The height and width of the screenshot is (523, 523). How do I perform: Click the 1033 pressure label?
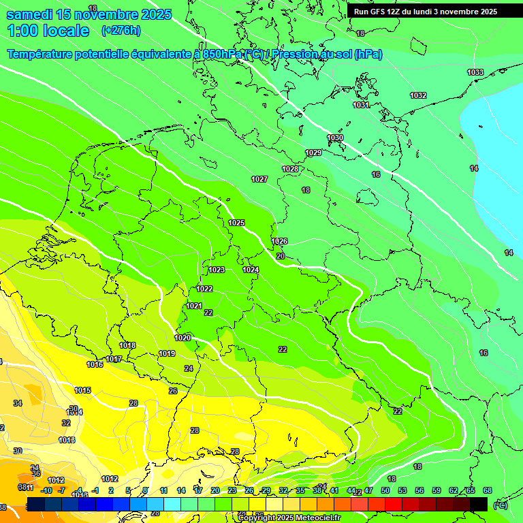(x=475, y=72)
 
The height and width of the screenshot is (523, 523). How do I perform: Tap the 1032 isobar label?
(x=418, y=95)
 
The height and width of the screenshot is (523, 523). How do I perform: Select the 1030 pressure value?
(x=335, y=138)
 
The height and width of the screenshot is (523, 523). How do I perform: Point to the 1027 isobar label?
(x=259, y=179)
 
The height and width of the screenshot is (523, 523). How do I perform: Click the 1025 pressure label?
(x=236, y=223)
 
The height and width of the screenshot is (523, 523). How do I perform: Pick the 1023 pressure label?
(x=217, y=270)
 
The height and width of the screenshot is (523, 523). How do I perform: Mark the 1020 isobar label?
(x=183, y=338)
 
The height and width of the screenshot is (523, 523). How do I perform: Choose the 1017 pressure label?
(x=114, y=359)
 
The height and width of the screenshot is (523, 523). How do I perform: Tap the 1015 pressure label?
(x=83, y=390)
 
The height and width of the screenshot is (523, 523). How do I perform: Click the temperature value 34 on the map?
(x=18, y=403)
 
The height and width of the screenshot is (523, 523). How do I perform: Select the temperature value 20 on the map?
(x=281, y=256)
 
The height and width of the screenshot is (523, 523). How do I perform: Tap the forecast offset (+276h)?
(x=121, y=30)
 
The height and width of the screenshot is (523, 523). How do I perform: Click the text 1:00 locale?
(x=48, y=31)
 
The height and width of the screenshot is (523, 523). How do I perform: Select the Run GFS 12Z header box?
(x=426, y=12)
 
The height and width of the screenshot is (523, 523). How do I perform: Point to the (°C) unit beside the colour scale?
(x=500, y=505)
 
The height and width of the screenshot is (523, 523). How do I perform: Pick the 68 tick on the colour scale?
(x=488, y=490)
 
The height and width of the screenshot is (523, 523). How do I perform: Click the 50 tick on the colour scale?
(x=385, y=490)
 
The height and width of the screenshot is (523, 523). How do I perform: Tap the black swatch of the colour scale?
(x=479, y=503)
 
